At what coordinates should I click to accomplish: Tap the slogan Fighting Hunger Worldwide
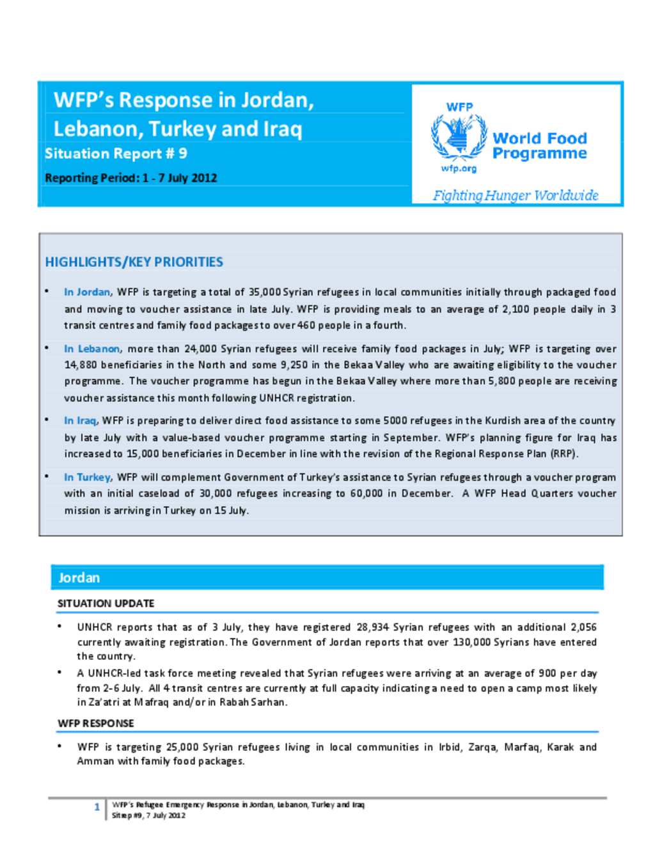pos(516,195)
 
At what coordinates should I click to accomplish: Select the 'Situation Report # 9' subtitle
pos(116,154)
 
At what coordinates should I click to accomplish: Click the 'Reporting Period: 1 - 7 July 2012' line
pos(130,178)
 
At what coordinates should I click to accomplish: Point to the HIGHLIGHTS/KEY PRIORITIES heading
pos(134,262)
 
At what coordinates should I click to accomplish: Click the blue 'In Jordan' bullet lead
pos(87,292)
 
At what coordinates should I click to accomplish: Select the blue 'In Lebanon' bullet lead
pos(91,349)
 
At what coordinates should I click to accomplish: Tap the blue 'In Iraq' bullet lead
pos(80,420)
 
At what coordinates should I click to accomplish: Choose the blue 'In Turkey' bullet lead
pos(87,477)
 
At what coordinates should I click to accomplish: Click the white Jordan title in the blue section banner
pos(79,578)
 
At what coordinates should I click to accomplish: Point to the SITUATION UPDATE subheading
pos(106,604)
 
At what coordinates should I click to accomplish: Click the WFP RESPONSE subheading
pos(96,723)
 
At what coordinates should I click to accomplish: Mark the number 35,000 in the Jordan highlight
pos(264,292)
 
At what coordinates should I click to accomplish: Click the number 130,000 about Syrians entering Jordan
pos(472,642)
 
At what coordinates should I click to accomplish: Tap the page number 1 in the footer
pos(97,807)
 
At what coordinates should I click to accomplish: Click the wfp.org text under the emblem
pos(459,168)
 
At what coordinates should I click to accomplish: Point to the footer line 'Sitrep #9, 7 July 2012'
pos(148,815)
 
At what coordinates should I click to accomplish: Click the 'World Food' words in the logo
pos(539,138)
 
